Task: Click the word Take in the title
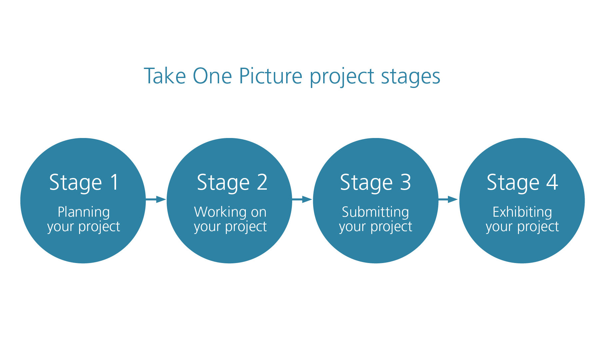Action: [165, 76]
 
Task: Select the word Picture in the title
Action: [270, 76]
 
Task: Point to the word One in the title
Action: [212, 76]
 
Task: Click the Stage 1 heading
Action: [84, 183]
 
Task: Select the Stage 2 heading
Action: [232, 183]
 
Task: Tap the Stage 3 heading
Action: [376, 183]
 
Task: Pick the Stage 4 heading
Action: [522, 183]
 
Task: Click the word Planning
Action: [84, 213]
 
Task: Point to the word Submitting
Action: [376, 213]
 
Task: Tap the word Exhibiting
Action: [522, 213]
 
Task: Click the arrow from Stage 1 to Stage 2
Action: [156, 200]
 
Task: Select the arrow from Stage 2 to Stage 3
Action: [302, 200]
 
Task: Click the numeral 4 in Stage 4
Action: [552, 182]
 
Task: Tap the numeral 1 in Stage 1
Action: [115, 182]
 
